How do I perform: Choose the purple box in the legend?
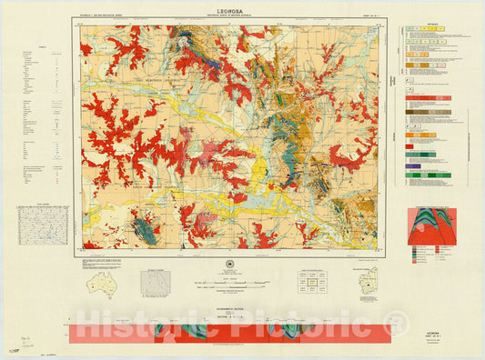point(413,166)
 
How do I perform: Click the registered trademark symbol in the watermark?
point(396,321)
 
